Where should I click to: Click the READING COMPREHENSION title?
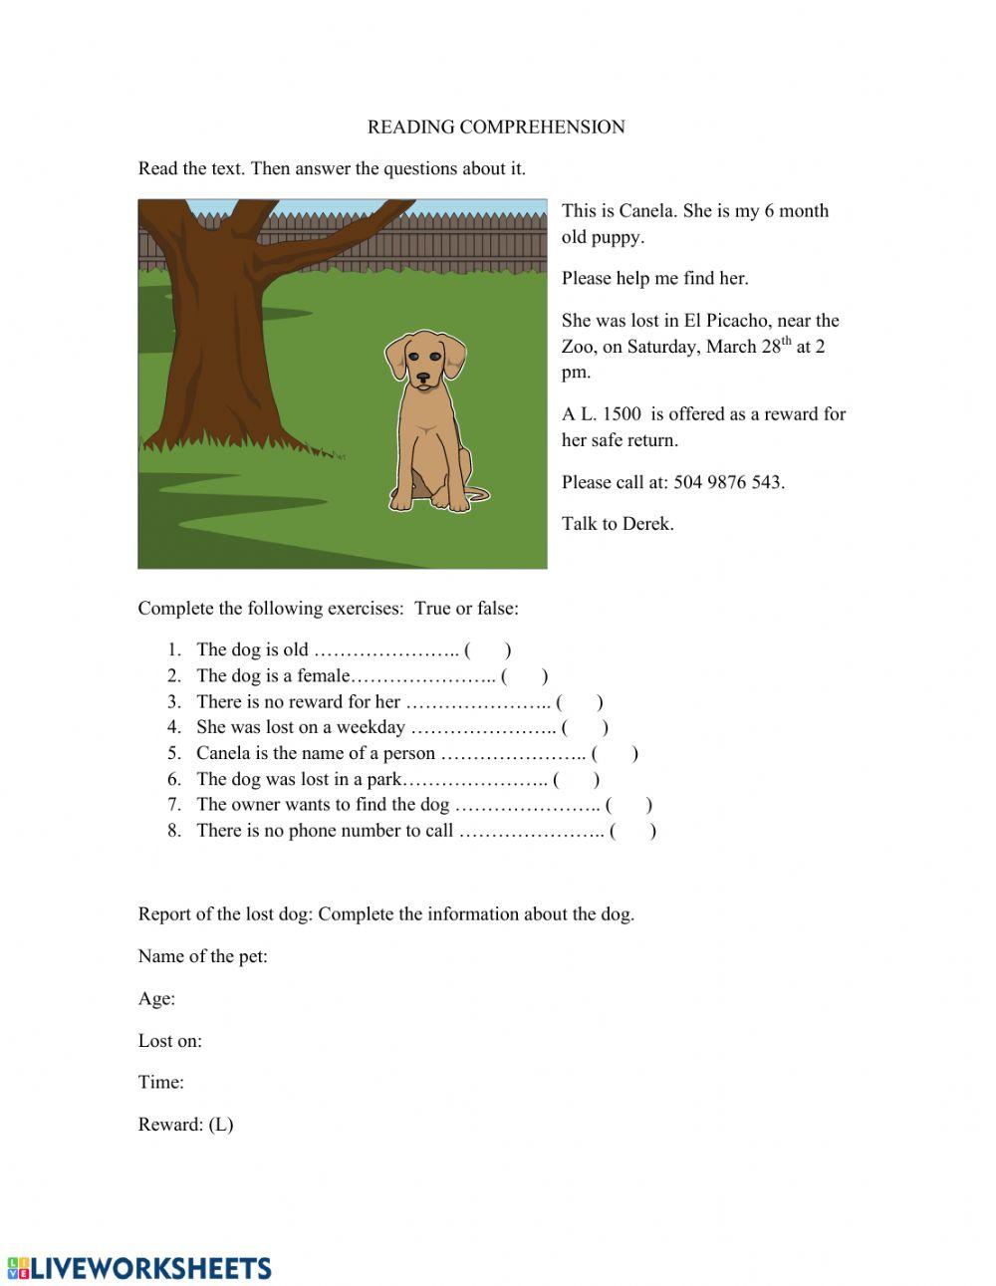point(496,127)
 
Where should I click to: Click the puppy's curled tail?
point(480,494)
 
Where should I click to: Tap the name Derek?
point(647,524)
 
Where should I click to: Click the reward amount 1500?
point(622,414)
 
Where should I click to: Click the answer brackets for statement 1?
point(488,650)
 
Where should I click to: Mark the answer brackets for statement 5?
point(615,754)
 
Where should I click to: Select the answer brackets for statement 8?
point(632,831)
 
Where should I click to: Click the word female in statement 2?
point(324,676)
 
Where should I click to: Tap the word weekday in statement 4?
point(371,727)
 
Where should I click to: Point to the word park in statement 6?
point(383,780)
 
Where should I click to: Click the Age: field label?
point(156,999)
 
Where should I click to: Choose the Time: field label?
point(161,1083)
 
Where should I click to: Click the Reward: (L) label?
point(185,1125)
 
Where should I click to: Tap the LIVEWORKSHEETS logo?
point(139,1267)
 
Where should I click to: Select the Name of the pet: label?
point(202,956)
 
